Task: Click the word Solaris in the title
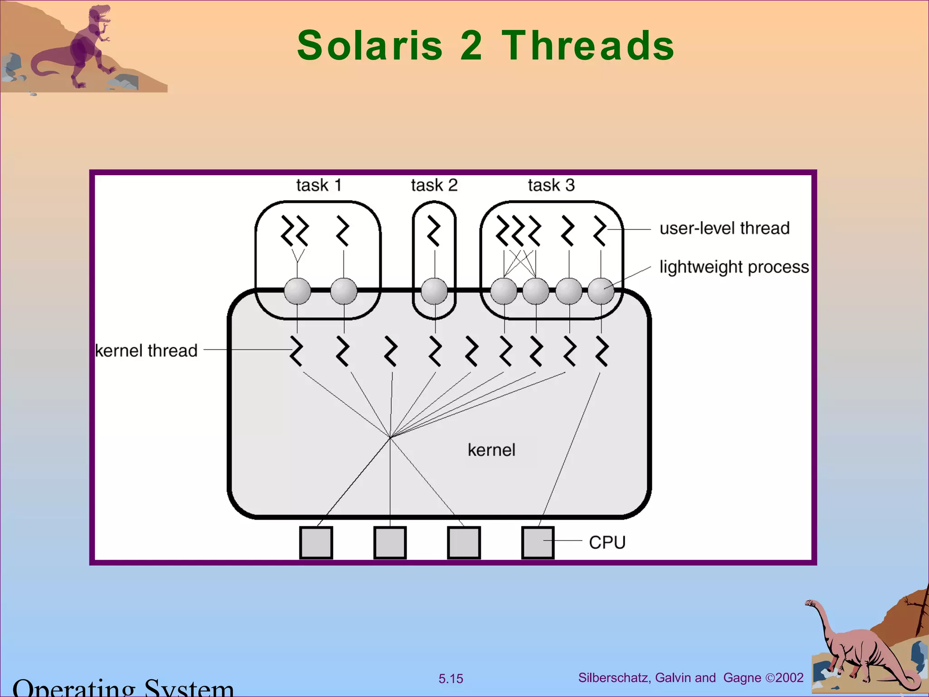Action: click(370, 45)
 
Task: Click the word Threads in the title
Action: click(588, 45)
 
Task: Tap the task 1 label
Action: click(318, 185)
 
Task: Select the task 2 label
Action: click(434, 185)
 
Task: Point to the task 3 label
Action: click(551, 185)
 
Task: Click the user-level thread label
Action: click(724, 228)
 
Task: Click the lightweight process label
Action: click(734, 267)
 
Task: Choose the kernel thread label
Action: click(146, 351)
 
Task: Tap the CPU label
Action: click(607, 542)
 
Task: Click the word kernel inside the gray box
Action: click(491, 450)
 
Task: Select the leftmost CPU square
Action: click(316, 542)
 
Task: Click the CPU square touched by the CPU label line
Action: click(538, 542)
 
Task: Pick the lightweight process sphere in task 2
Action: click(434, 291)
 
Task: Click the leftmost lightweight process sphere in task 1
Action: click(297, 291)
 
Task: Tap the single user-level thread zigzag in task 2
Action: click(434, 231)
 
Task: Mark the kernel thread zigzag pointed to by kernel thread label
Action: click(297, 351)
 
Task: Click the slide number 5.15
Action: click(450, 679)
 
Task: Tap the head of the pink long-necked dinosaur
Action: click(811, 603)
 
